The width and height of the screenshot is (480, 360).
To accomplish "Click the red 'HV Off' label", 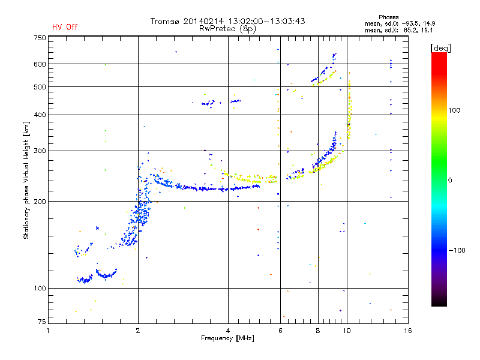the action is pyautogui.click(x=65, y=27).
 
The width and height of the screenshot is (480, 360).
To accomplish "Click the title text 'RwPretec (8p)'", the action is pyautogui.click(x=227, y=29).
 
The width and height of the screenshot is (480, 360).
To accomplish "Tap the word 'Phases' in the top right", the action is pyautogui.click(x=388, y=17).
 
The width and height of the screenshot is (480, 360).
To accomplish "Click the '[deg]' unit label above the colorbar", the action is pyautogui.click(x=440, y=48).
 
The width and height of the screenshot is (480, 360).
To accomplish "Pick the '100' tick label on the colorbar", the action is pyautogui.click(x=454, y=110).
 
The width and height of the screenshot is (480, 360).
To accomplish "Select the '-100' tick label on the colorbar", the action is pyautogui.click(x=457, y=250).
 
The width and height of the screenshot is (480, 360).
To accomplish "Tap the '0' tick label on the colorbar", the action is pyautogui.click(x=450, y=180).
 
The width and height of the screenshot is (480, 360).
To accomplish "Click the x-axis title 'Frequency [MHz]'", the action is pyautogui.click(x=227, y=338).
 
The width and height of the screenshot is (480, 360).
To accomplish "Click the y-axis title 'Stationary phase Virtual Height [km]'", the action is pyautogui.click(x=26, y=180).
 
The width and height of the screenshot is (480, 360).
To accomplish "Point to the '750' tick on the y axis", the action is pyautogui.click(x=40, y=38).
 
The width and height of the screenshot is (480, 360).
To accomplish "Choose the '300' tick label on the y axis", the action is pyautogui.click(x=40, y=151).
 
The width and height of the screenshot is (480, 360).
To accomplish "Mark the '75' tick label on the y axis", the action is pyautogui.click(x=41, y=322).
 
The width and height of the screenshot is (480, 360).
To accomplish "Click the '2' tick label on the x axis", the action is pyautogui.click(x=138, y=331).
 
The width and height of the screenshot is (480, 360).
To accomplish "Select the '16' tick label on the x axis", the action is pyautogui.click(x=408, y=331).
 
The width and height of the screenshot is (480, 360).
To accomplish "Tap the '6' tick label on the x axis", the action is pyautogui.click(x=280, y=331).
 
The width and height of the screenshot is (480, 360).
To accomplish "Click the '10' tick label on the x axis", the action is pyautogui.click(x=347, y=331).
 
